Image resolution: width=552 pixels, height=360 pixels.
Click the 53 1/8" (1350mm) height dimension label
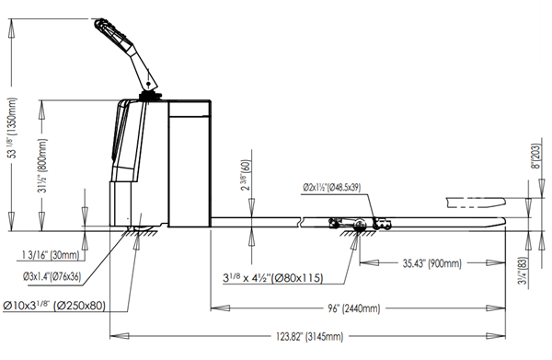pos(13,127)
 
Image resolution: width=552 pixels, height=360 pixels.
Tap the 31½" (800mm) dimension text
pos(42,166)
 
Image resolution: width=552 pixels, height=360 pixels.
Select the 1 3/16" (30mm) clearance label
pos(51,255)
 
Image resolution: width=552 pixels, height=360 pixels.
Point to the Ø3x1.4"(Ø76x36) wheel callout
pos(52,277)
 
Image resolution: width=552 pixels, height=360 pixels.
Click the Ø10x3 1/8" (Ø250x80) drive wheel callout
pos(54,305)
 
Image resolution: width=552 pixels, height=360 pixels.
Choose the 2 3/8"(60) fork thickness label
pos(246,176)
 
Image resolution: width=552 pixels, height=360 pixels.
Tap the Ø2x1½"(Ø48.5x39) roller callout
pos(332,188)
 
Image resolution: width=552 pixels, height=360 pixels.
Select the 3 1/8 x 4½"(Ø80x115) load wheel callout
pos(273,278)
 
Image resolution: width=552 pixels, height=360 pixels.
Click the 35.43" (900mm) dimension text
pos(432,263)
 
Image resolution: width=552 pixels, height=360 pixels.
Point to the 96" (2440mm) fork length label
pos(354,308)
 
